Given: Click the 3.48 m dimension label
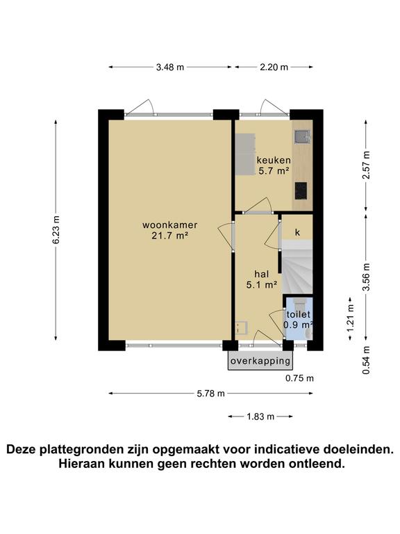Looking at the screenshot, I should pyautogui.click(x=170, y=67).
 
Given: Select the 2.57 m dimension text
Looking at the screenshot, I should pyautogui.click(x=366, y=165).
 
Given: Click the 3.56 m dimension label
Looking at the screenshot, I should pyautogui.click(x=366, y=275).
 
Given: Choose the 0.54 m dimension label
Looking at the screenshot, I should pyautogui.click(x=366, y=360).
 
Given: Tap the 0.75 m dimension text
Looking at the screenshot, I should pyautogui.click(x=299, y=379).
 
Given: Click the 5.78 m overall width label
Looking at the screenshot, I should pyautogui.click(x=210, y=394).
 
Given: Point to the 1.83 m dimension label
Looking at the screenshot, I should pyautogui.click(x=260, y=416).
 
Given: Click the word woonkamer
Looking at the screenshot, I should pyautogui.click(x=170, y=225).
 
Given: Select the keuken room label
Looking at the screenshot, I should pyautogui.click(x=274, y=160).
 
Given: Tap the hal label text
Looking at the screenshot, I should pyautogui.click(x=262, y=273).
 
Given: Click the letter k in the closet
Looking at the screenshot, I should pyautogui.click(x=297, y=232).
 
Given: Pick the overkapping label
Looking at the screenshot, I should pyautogui.click(x=260, y=362).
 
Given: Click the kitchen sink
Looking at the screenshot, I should pyautogui.click(x=301, y=137).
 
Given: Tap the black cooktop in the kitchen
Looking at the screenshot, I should pyautogui.click(x=301, y=190).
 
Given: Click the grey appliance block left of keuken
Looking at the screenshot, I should pyautogui.click(x=244, y=154).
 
